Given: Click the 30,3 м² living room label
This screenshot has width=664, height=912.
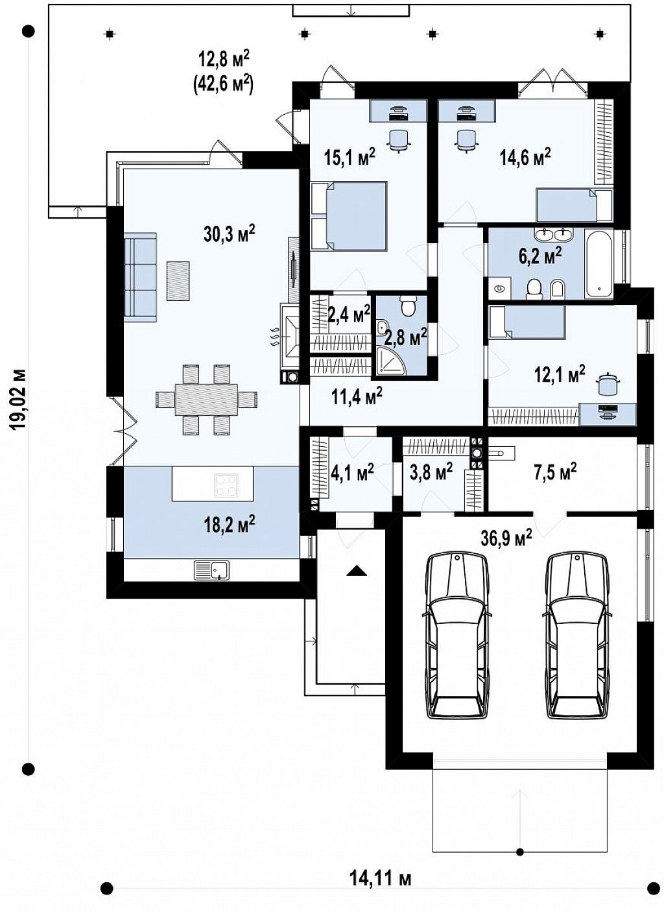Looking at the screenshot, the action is tap(229, 234).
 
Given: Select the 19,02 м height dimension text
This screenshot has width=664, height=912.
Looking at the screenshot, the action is tap(18, 399).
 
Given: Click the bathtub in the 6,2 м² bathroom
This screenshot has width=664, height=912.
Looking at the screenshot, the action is tap(599, 263).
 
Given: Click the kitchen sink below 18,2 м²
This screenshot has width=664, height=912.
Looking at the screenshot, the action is tap(211, 570).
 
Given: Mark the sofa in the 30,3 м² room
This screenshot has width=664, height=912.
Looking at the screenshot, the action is tap(140, 277).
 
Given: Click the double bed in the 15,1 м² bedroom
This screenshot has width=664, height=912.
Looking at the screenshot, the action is tap(348, 215).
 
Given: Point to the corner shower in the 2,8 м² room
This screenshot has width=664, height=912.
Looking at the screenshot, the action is tap(390, 360).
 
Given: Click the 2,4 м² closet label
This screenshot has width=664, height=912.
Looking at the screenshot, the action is tap(350, 315).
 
